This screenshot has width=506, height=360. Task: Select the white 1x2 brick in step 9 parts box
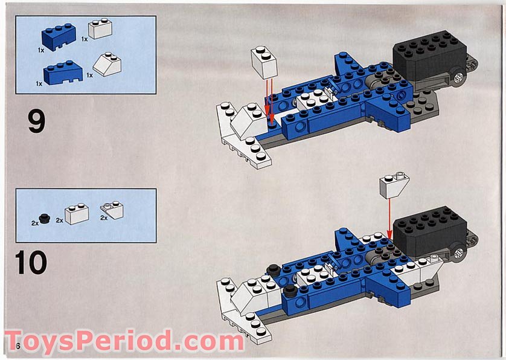[100, 29]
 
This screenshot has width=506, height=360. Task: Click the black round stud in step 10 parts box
[43, 217]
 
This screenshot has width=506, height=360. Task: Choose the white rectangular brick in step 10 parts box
[77, 214]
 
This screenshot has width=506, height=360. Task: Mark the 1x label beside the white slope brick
[89, 76]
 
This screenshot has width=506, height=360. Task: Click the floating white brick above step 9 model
[264, 62]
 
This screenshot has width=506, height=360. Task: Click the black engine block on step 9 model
[428, 55]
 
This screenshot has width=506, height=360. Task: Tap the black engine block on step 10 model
[429, 229]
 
